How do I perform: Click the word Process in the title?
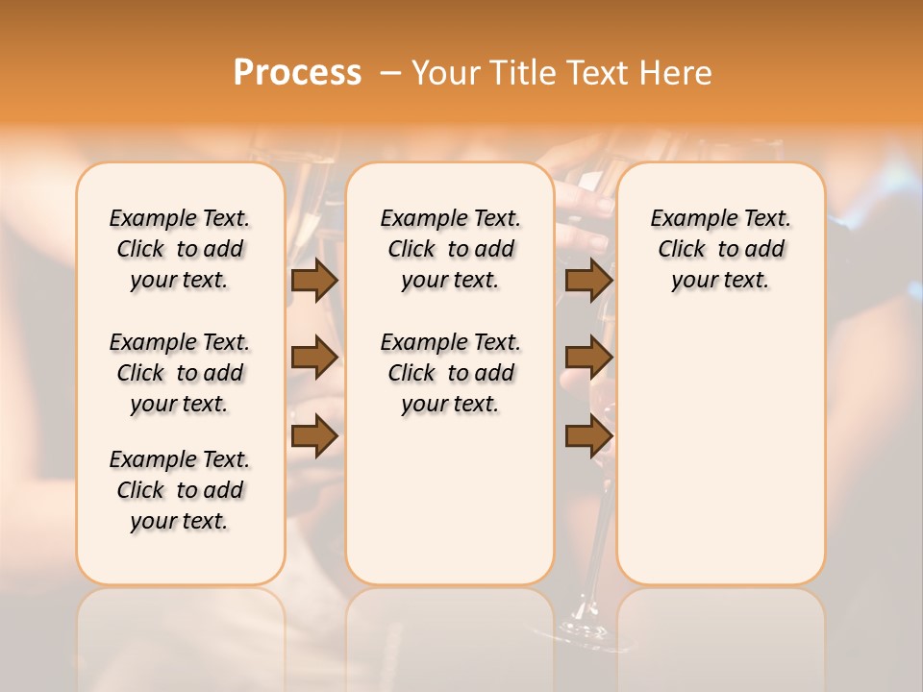pyautogui.click(x=297, y=72)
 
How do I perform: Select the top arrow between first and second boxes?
pyautogui.click(x=314, y=280)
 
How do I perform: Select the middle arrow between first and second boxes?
pyautogui.click(x=314, y=358)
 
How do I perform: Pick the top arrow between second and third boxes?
pyautogui.click(x=588, y=280)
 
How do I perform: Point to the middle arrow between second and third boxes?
pyautogui.click(x=588, y=358)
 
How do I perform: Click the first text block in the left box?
pyautogui.click(x=180, y=249)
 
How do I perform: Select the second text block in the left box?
pyautogui.click(x=180, y=373)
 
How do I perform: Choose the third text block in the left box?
pyautogui.click(x=180, y=490)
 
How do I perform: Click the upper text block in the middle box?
pyautogui.click(x=450, y=249)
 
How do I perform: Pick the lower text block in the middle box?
pyautogui.click(x=450, y=373)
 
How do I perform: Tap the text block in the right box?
pyautogui.click(x=720, y=249)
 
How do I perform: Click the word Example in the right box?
pyautogui.click(x=687, y=218)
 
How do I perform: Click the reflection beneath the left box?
pyautogui.click(x=180, y=634)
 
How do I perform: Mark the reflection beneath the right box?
pyautogui.click(x=720, y=634)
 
